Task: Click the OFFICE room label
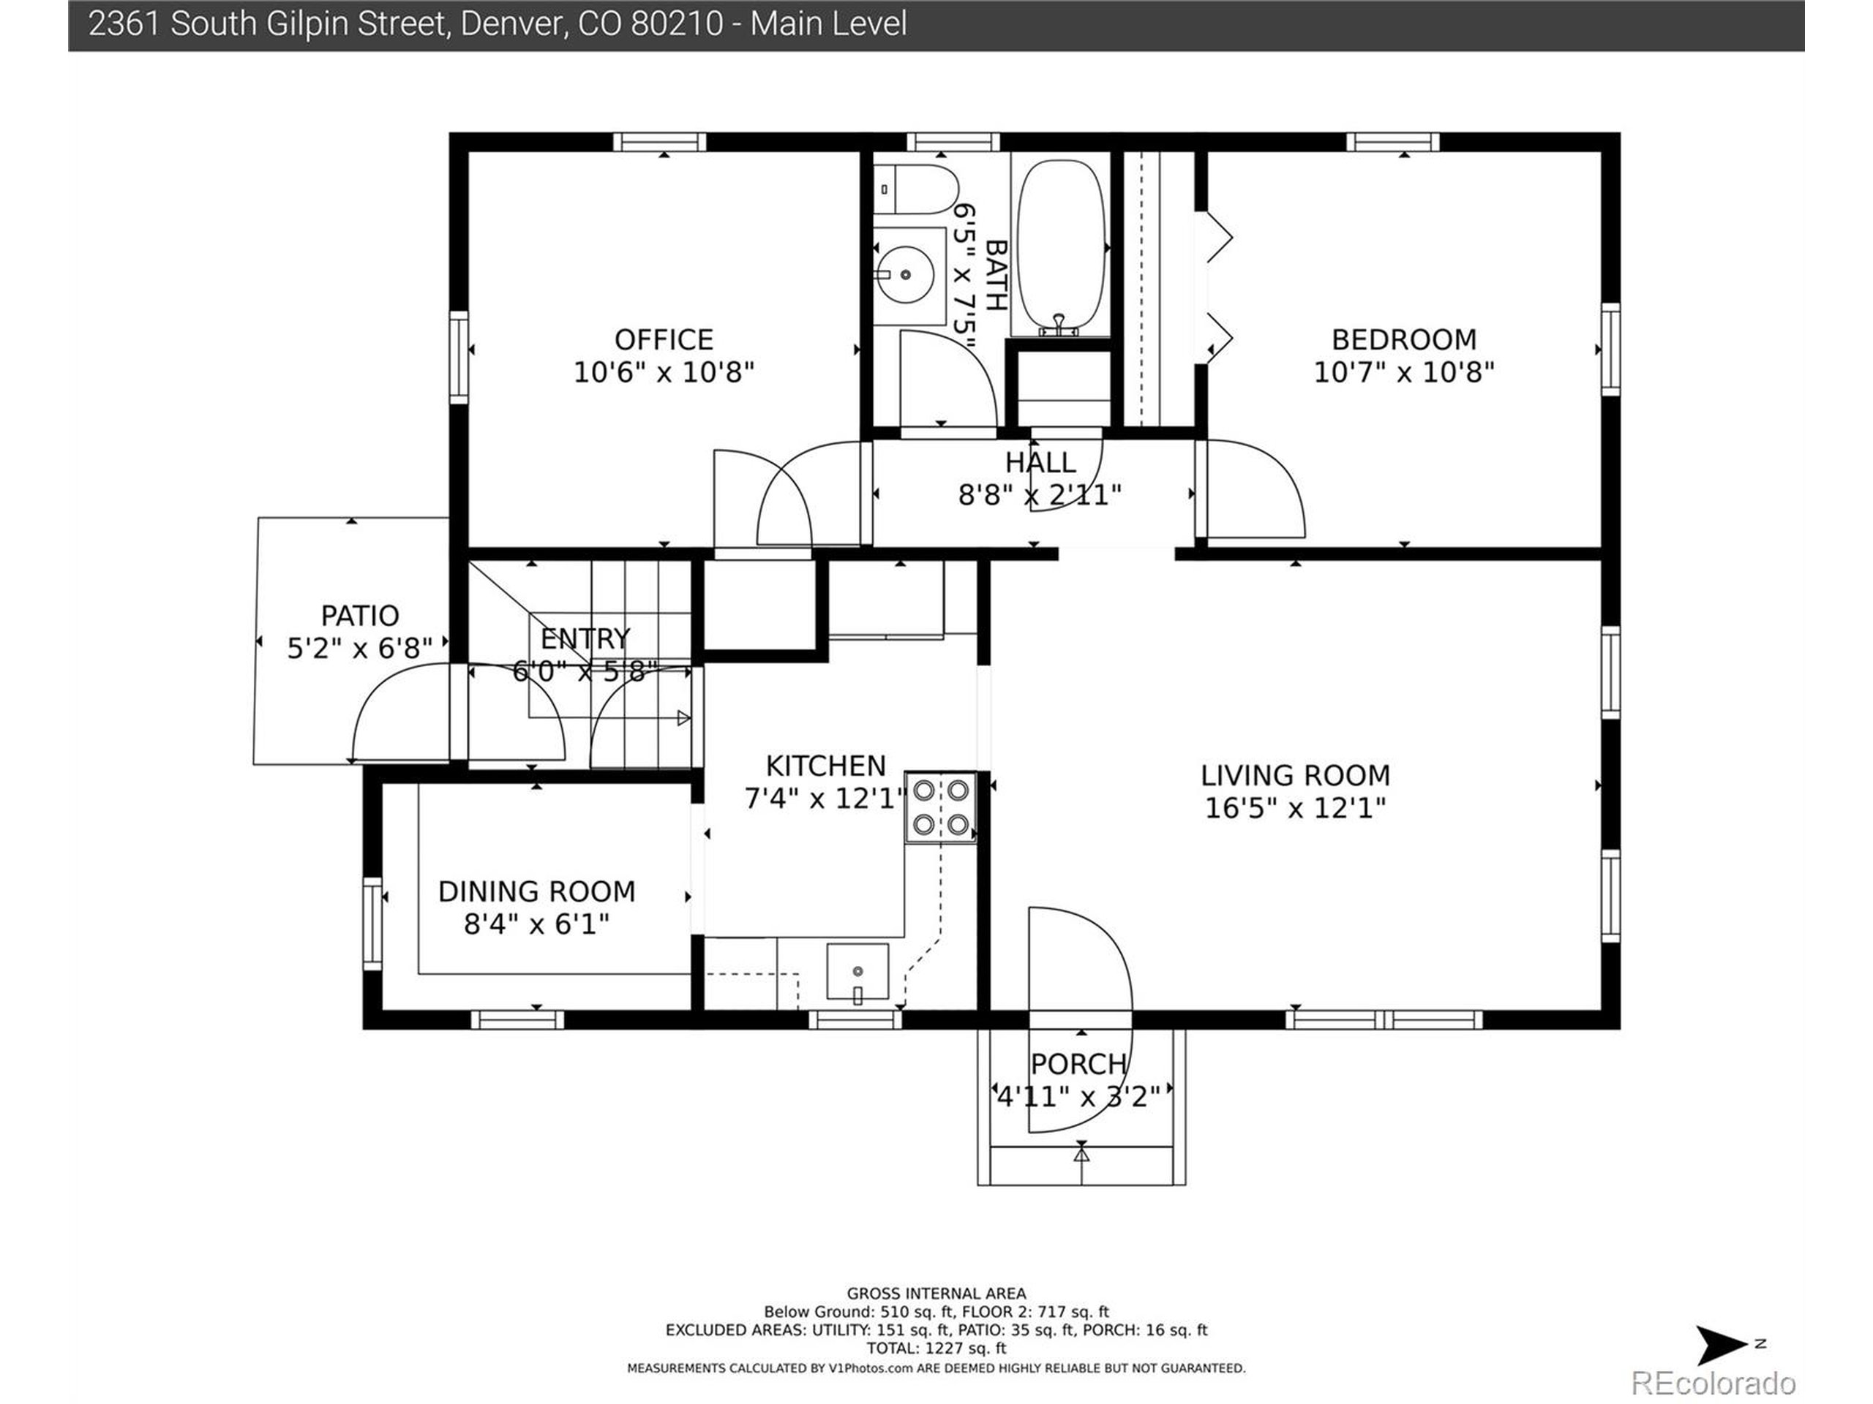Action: pos(663,339)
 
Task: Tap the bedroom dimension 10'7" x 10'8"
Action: pos(1404,371)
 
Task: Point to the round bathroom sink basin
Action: pos(904,275)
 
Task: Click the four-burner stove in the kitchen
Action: pos(941,807)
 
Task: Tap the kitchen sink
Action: pos(857,972)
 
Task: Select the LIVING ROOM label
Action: pos(1295,775)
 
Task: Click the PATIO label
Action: pos(360,615)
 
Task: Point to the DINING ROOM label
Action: pos(536,891)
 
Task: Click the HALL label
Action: pos(1040,462)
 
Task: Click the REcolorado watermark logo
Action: pos(1713,1383)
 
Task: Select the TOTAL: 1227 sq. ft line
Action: pos(936,1348)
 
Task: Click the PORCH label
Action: pos(1078,1063)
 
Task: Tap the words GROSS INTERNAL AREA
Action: pos(936,1293)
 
